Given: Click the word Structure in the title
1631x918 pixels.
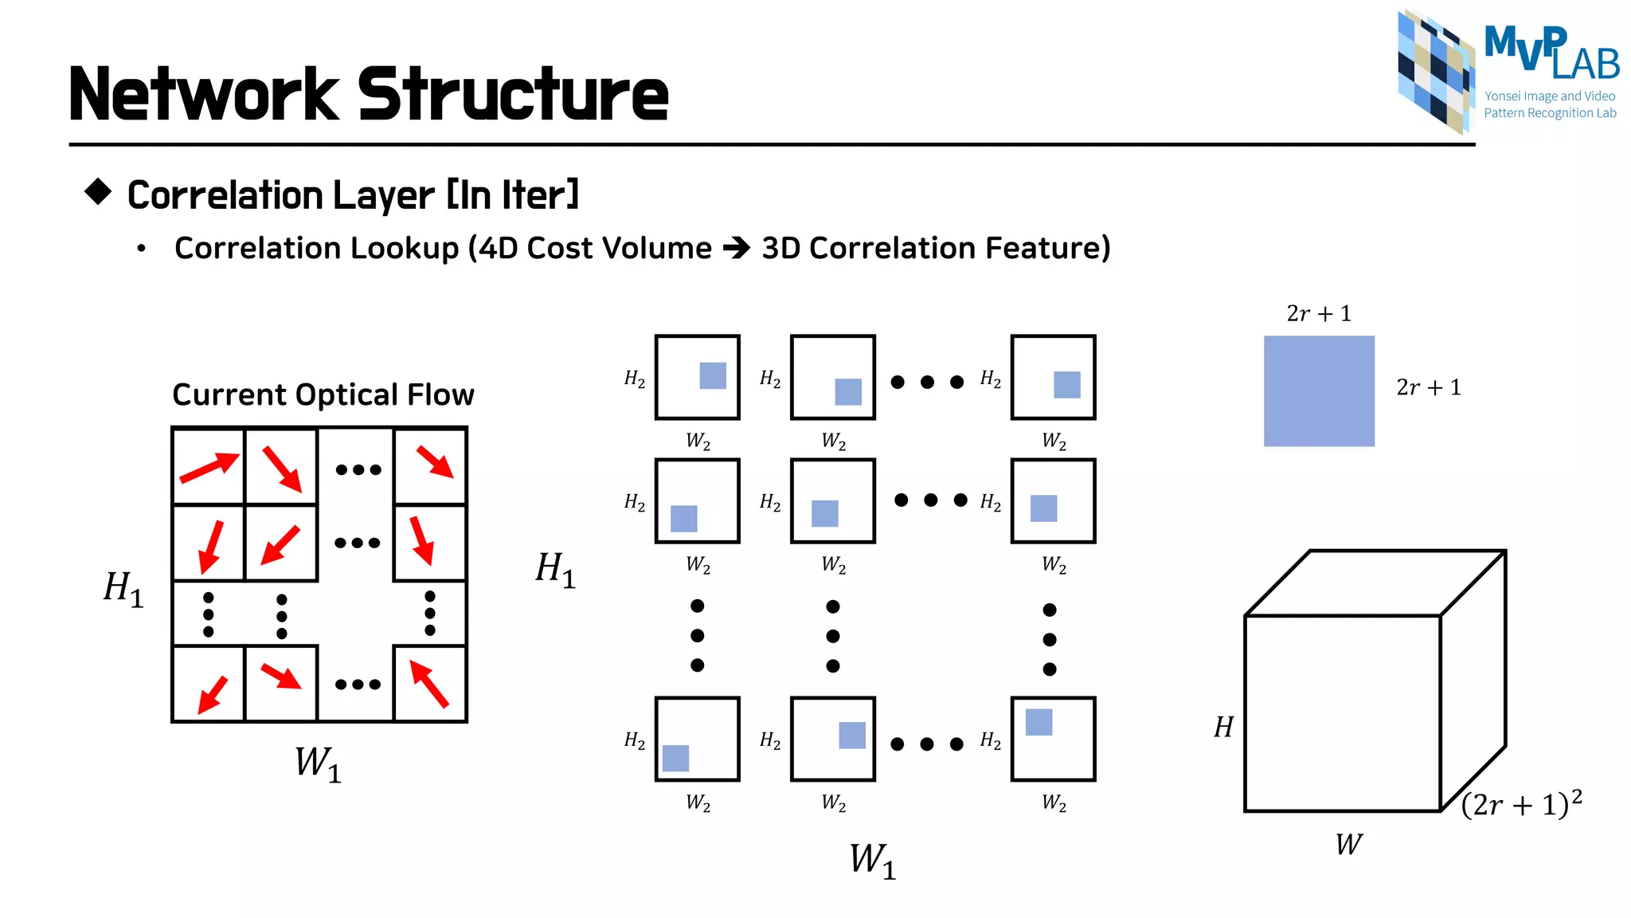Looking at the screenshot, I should coord(512,95).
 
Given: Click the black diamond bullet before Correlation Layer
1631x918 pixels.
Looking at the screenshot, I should coord(98,191).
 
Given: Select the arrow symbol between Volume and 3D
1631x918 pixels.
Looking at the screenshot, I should coord(737,248).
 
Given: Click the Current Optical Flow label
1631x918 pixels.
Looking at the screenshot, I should coord(323,394).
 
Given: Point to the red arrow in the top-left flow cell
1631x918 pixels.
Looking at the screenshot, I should coord(209,468).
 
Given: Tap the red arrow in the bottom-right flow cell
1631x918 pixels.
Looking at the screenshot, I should coord(429,683).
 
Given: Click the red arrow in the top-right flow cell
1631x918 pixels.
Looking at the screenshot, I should coord(435,461).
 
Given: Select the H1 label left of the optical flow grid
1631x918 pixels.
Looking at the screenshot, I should coord(123,589).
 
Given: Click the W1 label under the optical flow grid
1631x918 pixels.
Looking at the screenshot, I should coord(318,763).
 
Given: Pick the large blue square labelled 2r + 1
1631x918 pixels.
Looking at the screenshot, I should coord(1319,390).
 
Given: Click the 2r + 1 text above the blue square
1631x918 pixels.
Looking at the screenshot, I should coord(1319,313).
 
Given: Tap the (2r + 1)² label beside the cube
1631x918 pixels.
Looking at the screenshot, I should coord(1521,803).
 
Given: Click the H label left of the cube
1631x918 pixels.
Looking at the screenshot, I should coord(1223,727).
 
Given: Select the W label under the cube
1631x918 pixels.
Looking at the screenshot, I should coord(1348,844).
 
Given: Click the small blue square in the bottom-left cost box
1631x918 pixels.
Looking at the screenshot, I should coord(675,758).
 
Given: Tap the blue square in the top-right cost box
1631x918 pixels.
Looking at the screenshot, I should coord(1066,385).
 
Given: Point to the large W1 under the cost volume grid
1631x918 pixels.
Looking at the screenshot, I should coord(872,861).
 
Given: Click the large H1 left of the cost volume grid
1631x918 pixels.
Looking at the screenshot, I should coord(555,570).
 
